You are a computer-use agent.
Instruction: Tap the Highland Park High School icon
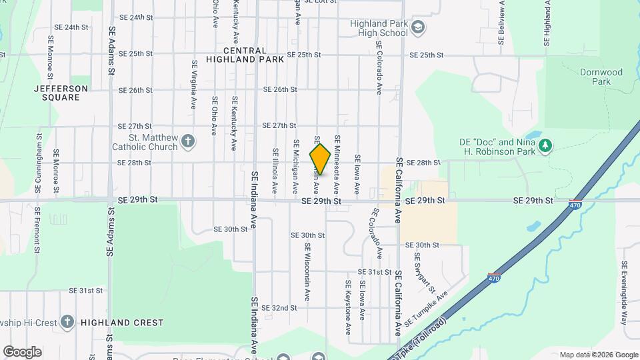(418, 27)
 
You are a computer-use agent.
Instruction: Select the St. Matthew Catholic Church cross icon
(189, 141)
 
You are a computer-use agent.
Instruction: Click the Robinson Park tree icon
(546, 145)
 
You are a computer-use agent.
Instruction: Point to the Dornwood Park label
(601, 77)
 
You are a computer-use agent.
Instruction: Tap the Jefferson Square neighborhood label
(61, 93)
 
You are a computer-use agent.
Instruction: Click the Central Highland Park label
(245, 55)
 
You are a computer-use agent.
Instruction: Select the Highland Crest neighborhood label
(122, 323)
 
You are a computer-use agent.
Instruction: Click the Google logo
(22, 351)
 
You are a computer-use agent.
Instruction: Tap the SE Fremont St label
(38, 231)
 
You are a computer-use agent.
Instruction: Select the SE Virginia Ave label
(194, 85)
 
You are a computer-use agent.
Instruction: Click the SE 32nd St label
(279, 308)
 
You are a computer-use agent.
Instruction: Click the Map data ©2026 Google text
(598, 355)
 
